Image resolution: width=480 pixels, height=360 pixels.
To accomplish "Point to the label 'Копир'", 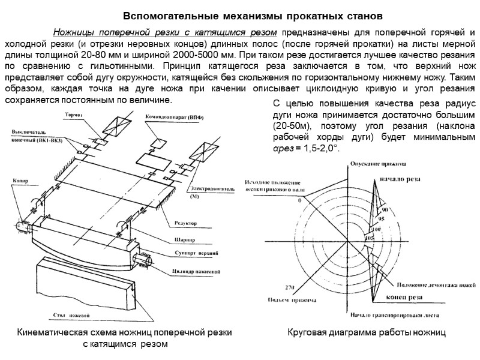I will [x=20, y=179].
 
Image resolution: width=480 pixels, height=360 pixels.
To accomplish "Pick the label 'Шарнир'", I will [x=184, y=238].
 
